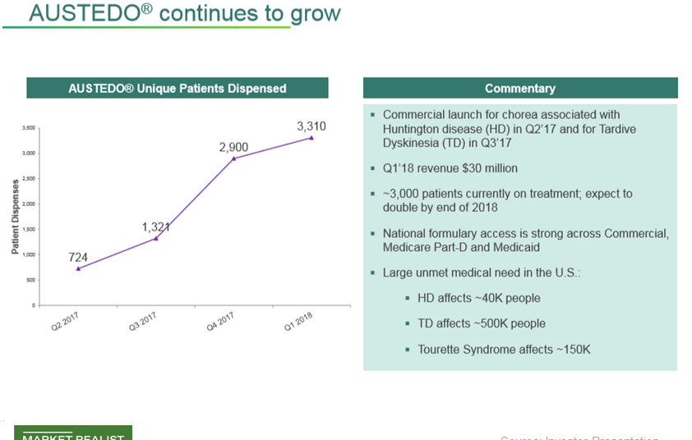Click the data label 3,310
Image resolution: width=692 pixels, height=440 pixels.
tap(311, 126)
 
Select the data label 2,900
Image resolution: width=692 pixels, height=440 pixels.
tap(233, 147)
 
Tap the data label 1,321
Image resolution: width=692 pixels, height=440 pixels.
tap(155, 227)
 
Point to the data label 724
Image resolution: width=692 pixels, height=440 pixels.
tap(78, 257)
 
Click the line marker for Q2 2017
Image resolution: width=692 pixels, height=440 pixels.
tap(78, 268)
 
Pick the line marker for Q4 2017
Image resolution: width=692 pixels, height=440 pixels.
tap(234, 158)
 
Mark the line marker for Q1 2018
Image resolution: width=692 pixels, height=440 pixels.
tap(311, 138)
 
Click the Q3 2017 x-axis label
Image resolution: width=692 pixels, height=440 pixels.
tap(142, 322)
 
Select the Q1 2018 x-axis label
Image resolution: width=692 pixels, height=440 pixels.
tap(298, 322)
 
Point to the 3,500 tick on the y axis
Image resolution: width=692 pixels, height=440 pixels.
tap(29, 128)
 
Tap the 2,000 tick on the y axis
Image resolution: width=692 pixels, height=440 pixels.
tap(29, 204)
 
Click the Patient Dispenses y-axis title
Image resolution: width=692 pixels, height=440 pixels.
tap(16, 217)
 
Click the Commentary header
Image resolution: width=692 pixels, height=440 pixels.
tap(519, 88)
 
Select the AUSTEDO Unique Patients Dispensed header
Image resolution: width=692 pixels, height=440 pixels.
tap(178, 88)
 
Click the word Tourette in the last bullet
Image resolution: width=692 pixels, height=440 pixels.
tap(443, 349)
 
